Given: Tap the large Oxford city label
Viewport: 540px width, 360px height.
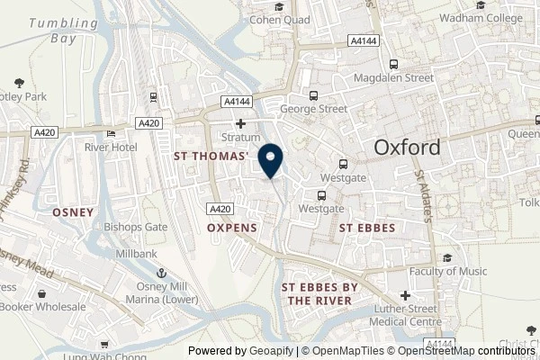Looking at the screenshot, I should [x=408, y=148].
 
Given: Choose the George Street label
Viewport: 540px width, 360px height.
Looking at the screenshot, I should [x=313, y=109].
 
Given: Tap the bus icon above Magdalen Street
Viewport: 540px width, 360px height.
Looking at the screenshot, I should [x=393, y=64].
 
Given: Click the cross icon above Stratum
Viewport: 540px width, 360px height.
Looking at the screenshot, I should [x=240, y=124].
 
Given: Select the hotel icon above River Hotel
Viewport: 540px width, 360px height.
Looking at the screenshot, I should [x=111, y=134].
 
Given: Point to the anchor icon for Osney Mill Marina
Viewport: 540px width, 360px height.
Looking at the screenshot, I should [x=163, y=272].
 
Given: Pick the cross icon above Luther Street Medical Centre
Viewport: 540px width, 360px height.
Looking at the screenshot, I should [x=405, y=295].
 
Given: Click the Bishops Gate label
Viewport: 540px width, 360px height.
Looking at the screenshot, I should [x=136, y=227].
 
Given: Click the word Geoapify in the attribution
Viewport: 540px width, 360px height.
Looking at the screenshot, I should [x=272, y=351].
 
